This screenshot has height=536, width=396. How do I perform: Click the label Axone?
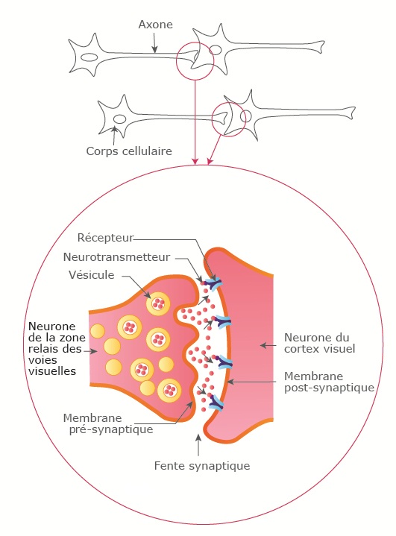[x=156, y=25]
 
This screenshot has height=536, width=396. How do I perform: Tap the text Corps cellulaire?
[x=129, y=151]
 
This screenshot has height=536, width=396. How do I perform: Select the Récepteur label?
[x=105, y=238]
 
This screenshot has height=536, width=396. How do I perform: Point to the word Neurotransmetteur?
[x=116, y=257]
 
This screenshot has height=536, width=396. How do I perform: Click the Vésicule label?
[x=91, y=275]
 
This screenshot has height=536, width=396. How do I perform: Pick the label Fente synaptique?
[x=202, y=466]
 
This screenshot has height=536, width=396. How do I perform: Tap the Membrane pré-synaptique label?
[x=108, y=424]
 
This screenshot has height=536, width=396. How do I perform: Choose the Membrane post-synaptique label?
[x=329, y=382]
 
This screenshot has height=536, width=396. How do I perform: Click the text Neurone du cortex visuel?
[x=320, y=343]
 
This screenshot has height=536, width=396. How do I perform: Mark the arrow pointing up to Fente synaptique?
[x=198, y=445]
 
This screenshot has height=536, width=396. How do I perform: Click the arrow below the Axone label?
[x=155, y=43]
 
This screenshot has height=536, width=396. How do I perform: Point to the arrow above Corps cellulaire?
[x=114, y=136]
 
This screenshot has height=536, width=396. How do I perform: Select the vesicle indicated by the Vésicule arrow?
[x=157, y=303]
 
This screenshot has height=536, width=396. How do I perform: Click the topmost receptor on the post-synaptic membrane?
[x=213, y=284]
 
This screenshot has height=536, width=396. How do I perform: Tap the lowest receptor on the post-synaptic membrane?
[x=216, y=403]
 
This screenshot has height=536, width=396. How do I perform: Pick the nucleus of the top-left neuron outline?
[x=89, y=57]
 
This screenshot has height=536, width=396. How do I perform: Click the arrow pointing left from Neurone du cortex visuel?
[x=268, y=346]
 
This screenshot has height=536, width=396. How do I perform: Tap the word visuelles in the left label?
[x=52, y=371]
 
